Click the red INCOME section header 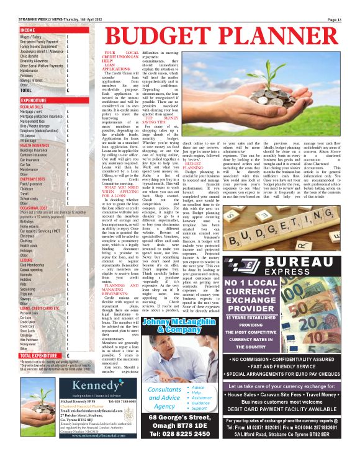[x=28, y=30]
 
